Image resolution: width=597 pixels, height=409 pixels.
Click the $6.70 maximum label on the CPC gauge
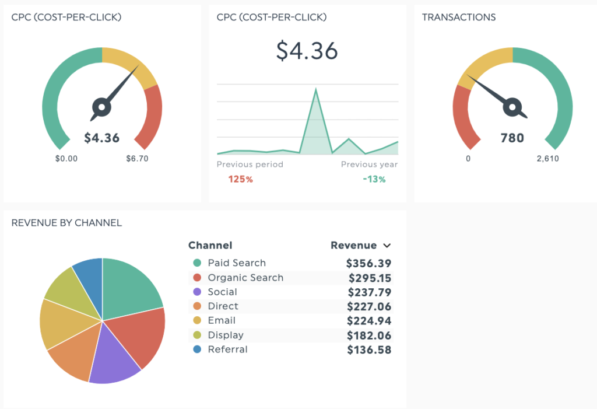tap(137, 159)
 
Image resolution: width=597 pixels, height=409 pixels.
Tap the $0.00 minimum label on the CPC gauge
tap(66, 159)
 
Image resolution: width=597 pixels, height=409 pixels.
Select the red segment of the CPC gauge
tap(152, 117)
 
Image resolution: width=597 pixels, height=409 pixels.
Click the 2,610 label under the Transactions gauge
tap(547, 159)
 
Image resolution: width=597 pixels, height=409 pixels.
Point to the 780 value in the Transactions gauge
tap(512, 138)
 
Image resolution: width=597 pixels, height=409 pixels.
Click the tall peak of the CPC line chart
tap(316, 89)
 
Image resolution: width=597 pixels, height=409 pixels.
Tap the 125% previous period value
tap(241, 179)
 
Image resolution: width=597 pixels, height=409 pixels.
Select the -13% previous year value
tap(374, 179)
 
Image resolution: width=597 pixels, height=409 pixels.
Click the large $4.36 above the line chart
tap(307, 51)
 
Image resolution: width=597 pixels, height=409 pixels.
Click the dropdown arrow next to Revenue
tap(387, 246)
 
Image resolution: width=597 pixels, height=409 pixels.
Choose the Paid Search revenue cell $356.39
tap(368, 264)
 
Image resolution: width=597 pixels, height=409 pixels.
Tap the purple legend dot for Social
tap(197, 292)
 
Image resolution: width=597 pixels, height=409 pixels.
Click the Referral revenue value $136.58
tap(369, 350)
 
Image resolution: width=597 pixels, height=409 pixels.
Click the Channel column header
tap(210, 246)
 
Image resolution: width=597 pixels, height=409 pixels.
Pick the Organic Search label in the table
tap(245, 278)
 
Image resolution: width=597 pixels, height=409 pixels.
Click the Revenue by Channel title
tap(66, 222)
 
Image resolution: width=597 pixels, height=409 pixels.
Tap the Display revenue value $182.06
tap(369, 335)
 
